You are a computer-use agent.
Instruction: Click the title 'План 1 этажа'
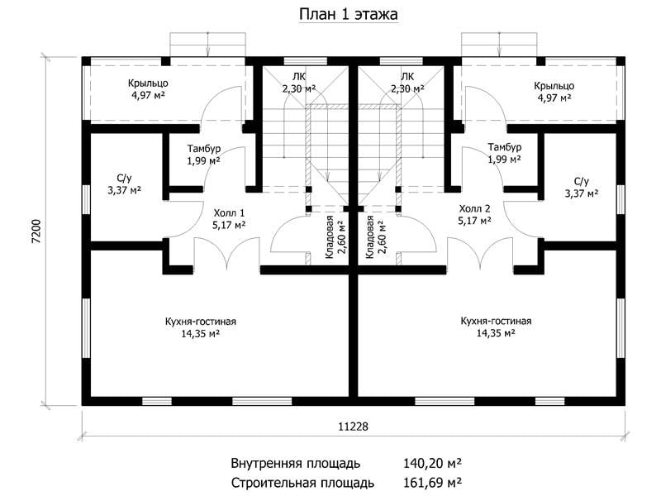coord(348,14)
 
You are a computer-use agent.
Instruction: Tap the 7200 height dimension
coord(36,231)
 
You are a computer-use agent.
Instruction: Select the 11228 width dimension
coord(353,427)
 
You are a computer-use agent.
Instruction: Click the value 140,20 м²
coord(432,463)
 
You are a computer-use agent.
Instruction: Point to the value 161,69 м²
coord(432,482)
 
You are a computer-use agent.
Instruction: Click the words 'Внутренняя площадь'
coord(296,464)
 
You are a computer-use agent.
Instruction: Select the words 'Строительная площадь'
coord(302,482)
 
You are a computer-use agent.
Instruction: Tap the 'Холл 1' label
coord(229,212)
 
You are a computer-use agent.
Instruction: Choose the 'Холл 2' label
coord(474,208)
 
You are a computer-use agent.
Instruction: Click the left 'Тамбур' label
coord(204,149)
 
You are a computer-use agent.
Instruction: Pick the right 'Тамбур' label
coord(505,147)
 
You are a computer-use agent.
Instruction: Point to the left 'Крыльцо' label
coord(148,83)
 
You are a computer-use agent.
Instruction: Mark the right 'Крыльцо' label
coord(554,86)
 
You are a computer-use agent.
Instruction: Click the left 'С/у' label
coord(124,179)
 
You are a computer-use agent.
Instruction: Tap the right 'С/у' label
coord(582,181)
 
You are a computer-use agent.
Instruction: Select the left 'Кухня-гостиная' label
coord(200,322)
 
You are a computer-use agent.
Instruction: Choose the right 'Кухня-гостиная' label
coord(496,321)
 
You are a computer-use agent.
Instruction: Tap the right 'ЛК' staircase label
coord(407,77)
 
